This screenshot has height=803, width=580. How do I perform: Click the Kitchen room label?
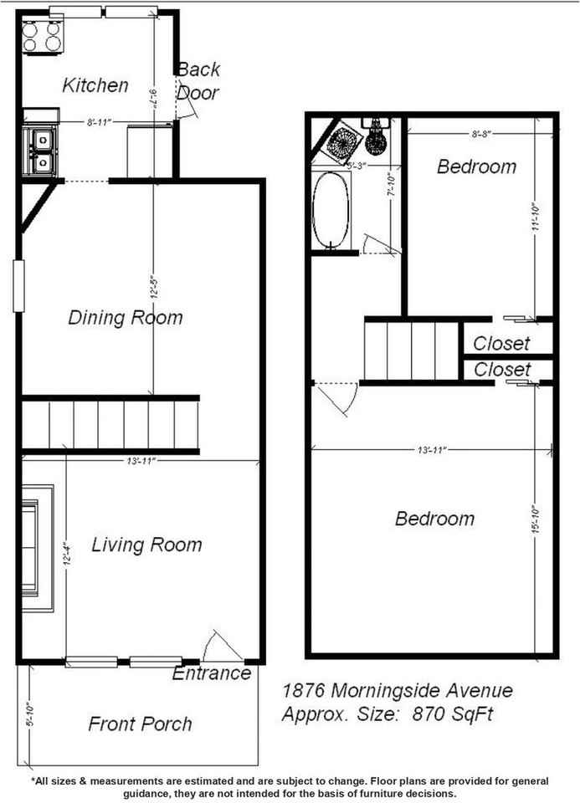pyautogui.click(x=96, y=84)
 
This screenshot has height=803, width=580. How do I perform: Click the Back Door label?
pyautogui.click(x=198, y=81)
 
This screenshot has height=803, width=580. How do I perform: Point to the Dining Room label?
pyautogui.click(x=125, y=318)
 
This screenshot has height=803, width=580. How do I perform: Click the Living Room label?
pyautogui.click(x=146, y=545)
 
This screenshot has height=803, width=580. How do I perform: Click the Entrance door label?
pyautogui.click(x=212, y=673)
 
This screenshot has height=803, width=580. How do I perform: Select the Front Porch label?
pyautogui.click(x=140, y=724)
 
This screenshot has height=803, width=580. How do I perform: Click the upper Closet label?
pyautogui.click(x=501, y=343)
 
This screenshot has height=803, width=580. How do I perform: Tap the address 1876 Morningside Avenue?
pyautogui.click(x=398, y=691)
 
